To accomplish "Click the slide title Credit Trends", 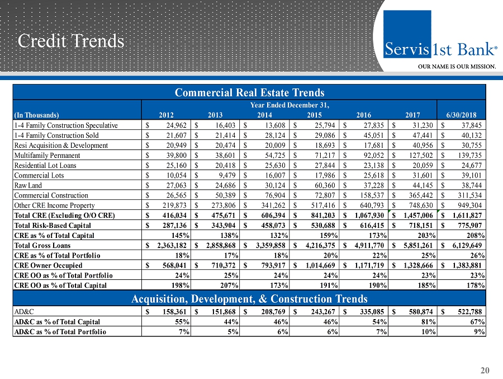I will (x=70, y=40).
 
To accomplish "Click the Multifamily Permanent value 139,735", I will (x=468, y=155).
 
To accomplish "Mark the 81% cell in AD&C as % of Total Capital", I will (x=429, y=321).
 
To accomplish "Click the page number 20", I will (x=485, y=369).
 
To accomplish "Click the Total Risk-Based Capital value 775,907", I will (x=468, y=226).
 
